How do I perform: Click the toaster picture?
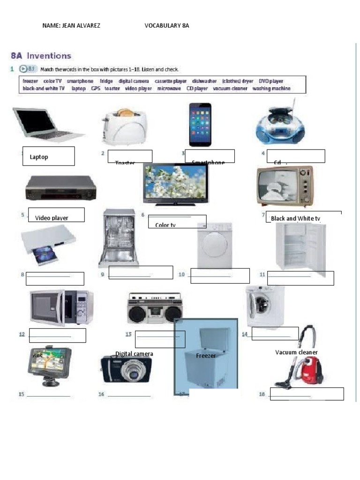click(124, 127)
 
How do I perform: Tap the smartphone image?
click(200, 125)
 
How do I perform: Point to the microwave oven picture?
click(61, 307)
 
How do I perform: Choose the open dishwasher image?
click(119, 238)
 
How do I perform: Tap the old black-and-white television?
click(284, 186)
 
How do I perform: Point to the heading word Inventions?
click(49, 56)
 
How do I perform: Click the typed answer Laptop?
click(39, 157)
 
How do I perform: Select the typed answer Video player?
click(52, 218)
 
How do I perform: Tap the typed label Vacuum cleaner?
click(296, 352)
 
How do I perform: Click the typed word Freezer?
click(206, 356)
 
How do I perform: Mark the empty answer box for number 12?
click(57, 335)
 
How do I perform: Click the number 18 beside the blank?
click(262, 394)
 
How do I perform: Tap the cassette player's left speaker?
click(137, 314)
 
